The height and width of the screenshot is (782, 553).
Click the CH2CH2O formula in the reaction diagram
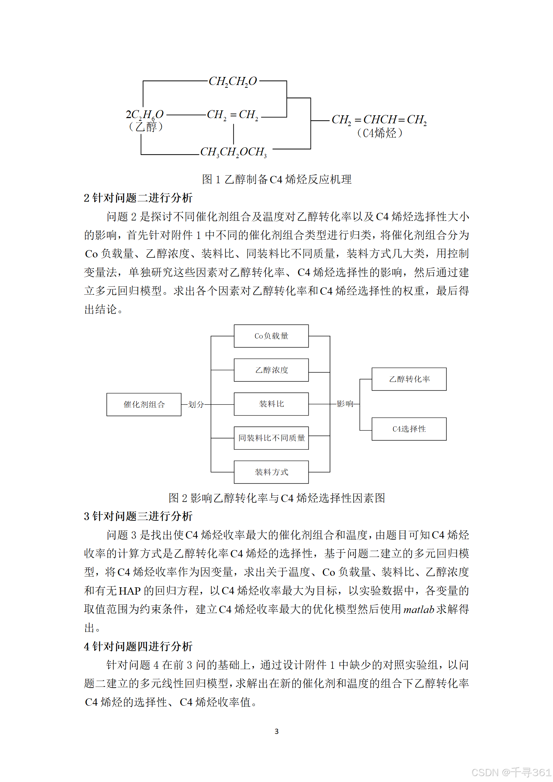[x=233, y=82]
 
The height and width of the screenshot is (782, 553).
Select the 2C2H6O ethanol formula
[x=145, y=115]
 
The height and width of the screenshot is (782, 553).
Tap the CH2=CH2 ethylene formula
[x=233, y=115]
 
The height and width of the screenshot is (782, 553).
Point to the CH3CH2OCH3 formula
[x=233, y=152]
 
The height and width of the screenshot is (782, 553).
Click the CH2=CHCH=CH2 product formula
[x=379, y=120]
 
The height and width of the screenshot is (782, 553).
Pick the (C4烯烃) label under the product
[x=379, y=133]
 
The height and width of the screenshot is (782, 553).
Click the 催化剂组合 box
[x=144, y=404]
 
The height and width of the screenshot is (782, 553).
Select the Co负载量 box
[x=271, y=336]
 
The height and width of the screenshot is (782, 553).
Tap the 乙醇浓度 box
[x=271, y=370]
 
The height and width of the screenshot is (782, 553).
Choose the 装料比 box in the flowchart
[x=271, y=404]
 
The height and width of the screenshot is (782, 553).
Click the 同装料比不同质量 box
[x=271, y=438]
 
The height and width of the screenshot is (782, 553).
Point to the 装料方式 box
[x=271, y=472]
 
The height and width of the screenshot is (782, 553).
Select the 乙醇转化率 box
[x=409, y=379]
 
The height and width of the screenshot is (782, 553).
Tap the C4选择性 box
[x=409, y=429]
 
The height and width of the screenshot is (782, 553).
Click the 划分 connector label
[x=196, y=404]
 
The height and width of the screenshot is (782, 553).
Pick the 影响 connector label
[x=345, y=404]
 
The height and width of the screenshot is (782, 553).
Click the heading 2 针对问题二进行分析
[x=138, y=198]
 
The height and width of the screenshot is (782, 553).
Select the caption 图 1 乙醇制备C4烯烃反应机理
[x=277, y=179]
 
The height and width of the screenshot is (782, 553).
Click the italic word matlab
[x=418, y=610]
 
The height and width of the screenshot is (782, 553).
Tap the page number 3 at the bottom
[x=277, y=731]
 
